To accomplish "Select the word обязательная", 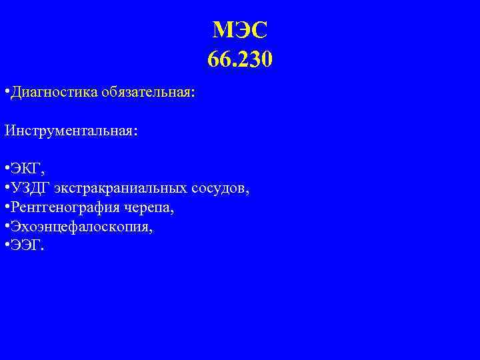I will point(148,92).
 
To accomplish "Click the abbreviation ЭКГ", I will point(26,167).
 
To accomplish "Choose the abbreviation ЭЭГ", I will point(26,247).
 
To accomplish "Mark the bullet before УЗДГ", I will point(5,188).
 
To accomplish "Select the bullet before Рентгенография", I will point(5,208).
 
